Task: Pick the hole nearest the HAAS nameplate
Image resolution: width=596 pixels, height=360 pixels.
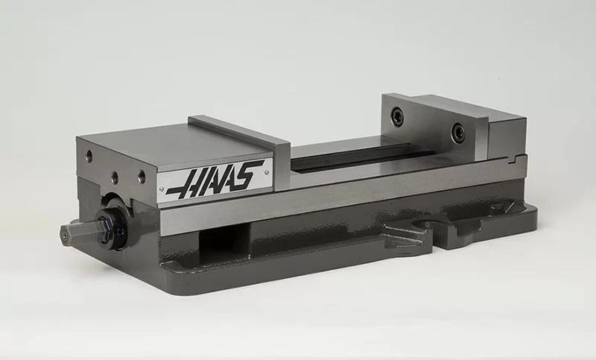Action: pos(142,177)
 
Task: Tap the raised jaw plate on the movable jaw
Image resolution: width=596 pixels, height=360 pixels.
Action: pos(238,129)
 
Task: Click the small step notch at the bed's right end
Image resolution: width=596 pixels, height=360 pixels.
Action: pos(516,158)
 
